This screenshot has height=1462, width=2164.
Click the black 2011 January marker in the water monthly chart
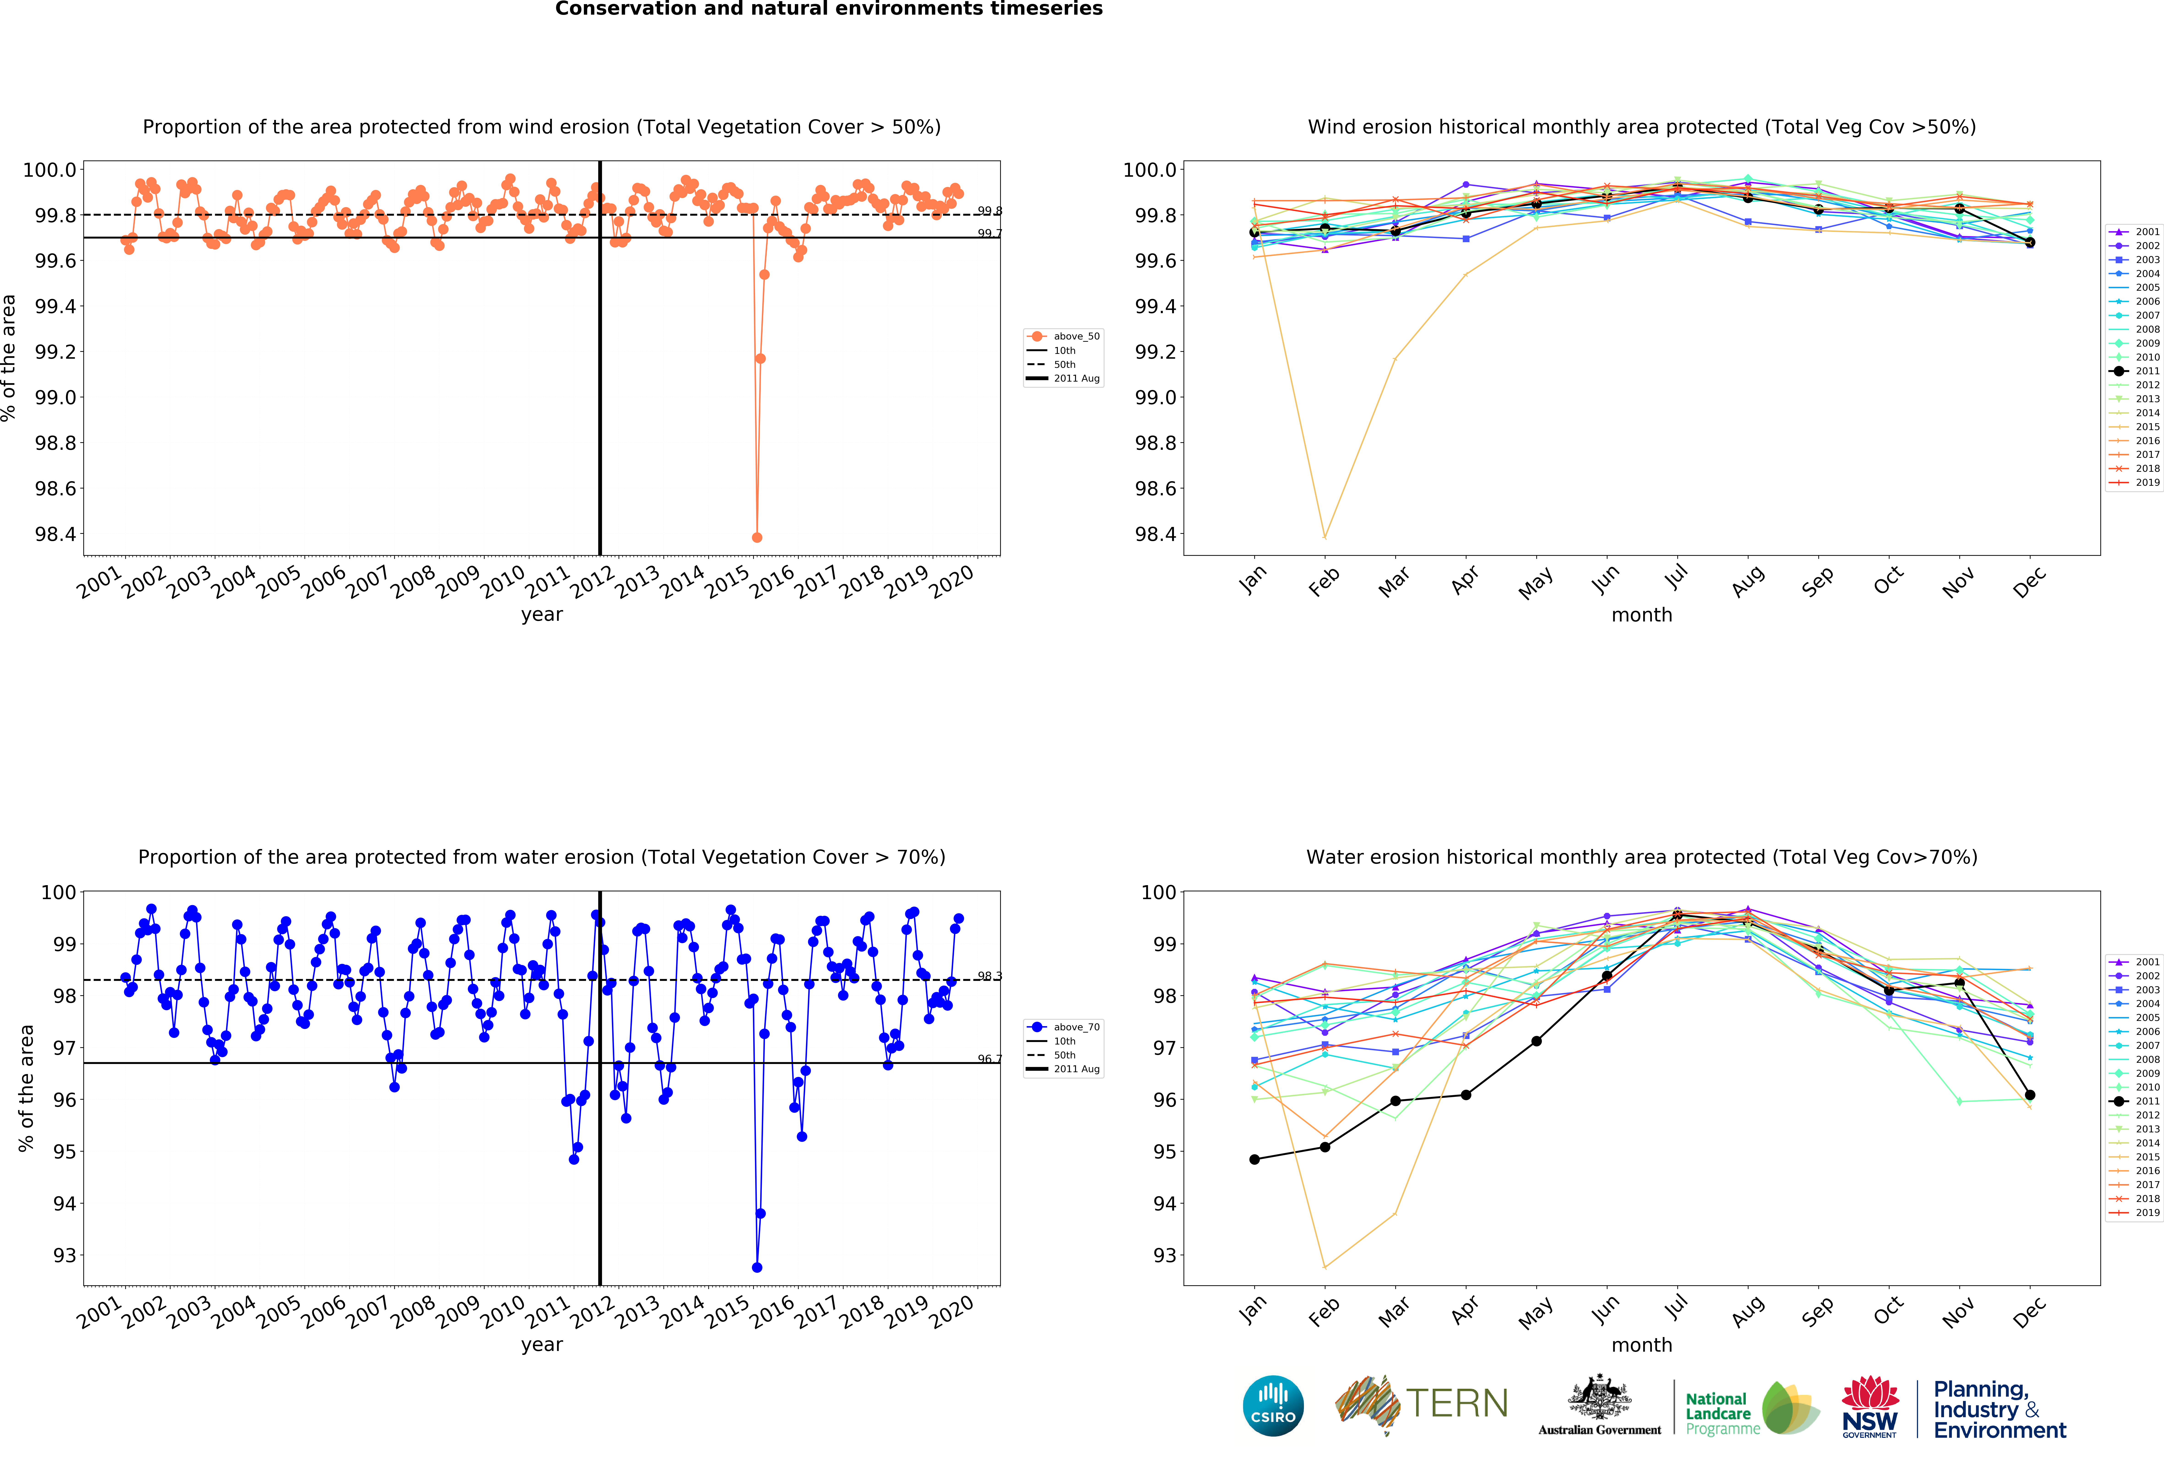pos(1254,1159)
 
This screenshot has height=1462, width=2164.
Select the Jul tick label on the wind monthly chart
pos(1676,578)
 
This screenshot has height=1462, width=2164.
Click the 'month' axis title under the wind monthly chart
pos(1642,615)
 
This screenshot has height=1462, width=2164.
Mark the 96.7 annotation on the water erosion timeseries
pos(989,1059)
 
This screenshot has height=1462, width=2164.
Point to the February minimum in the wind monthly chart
pos(1324,537)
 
